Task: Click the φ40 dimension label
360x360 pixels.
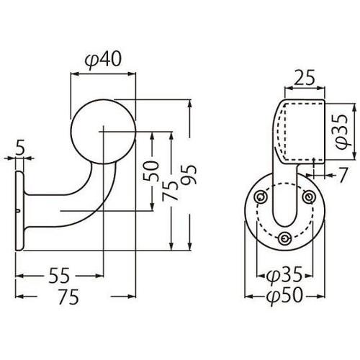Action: pyautogui.click(x=103, y=59)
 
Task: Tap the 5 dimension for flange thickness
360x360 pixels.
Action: pyautogui.click(x=21, y=149)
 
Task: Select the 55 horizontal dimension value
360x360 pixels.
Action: pyautogui.click(x=59, y=276)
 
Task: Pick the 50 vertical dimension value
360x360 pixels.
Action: pyautogui.click(x=151, y=171)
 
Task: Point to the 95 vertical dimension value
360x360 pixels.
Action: pyautogui.click(x=189, y=175)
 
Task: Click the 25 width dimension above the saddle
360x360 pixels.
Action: pyautogui.click(x=304, y=78)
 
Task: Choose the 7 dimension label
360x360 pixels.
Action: pyautogui.click(x=343, y=175)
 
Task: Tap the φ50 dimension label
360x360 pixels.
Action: pyautogui.click(x=285, y=296)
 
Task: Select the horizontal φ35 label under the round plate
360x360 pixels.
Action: pyautogui.click(x=285, y=275)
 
